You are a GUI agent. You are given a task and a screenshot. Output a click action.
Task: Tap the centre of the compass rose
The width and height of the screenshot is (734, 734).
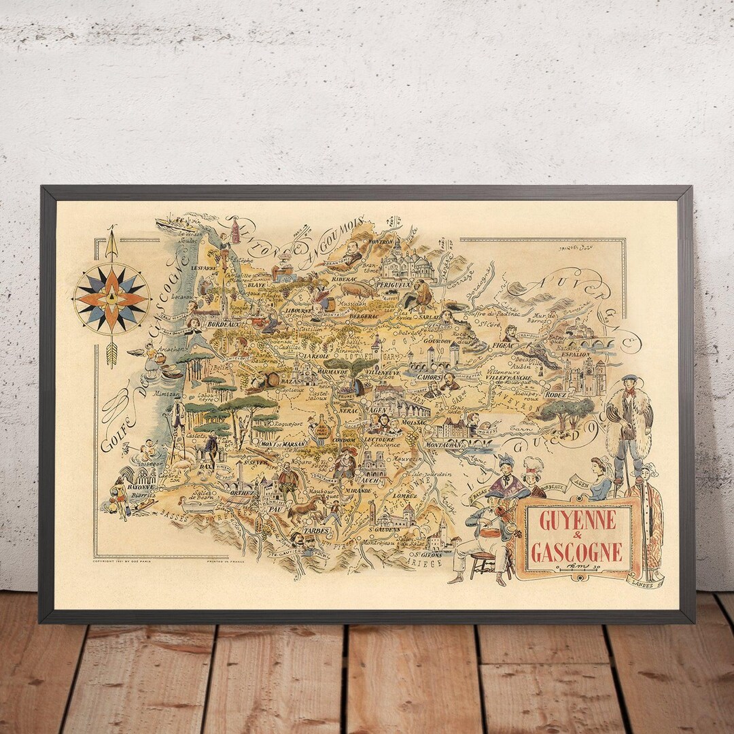coord(111,298)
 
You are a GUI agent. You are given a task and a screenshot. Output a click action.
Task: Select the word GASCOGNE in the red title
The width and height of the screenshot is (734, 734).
coord(576,552)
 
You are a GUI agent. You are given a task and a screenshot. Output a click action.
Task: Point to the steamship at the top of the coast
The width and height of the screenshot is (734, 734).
coord(169,223)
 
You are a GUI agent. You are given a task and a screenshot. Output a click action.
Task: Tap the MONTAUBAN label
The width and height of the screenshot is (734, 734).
coord(444,443)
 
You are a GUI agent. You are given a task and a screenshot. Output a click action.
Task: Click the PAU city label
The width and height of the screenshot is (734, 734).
coord(275,507)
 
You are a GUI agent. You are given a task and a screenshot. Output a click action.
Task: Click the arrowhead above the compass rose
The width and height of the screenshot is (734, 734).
coord(111,233)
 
